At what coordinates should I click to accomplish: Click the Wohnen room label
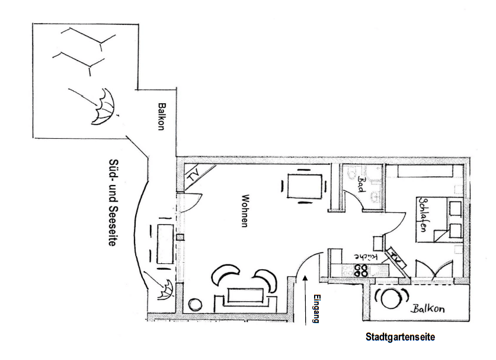(x=244, y=211)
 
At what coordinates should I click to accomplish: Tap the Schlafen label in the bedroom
(x=423, y=215)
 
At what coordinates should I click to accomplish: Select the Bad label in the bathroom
(x=361, y=184)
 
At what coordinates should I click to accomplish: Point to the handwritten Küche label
(x=366, y=256)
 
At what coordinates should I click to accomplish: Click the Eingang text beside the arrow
(x=316, y=309)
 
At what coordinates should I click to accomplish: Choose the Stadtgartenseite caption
(x=400, y=336)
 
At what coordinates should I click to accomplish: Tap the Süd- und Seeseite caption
(x=112, y=202)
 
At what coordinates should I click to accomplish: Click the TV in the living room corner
(x=194, y=176)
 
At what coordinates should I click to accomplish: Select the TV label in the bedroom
(x=395, y=257)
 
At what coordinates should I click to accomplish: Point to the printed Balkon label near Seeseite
(x=162, y=116)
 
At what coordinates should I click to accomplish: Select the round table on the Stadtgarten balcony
(x=391, y=298)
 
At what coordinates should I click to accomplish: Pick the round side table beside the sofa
(x=195, y=304)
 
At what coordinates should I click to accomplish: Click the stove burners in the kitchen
(x=361, y=270)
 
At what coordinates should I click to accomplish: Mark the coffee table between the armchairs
(x=245, y=295)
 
